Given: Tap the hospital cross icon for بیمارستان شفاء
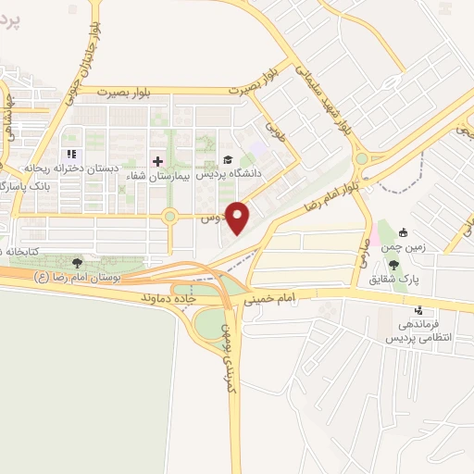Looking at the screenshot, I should point(157,161).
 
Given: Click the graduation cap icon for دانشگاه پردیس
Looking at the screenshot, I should point(229,159).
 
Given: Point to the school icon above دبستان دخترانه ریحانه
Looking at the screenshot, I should point(69,155).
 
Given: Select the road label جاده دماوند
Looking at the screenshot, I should point(170,299).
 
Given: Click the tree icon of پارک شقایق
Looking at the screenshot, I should point(393,265).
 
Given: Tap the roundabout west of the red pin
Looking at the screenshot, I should point(169,218).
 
